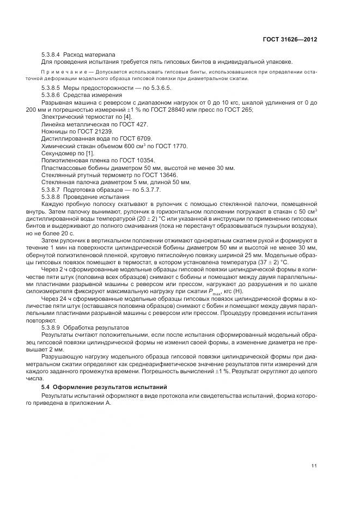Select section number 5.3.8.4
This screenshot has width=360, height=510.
52,54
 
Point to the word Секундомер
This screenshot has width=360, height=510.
58,153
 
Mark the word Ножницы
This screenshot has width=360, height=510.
54,132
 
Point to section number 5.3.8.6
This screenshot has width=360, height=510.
52,94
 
